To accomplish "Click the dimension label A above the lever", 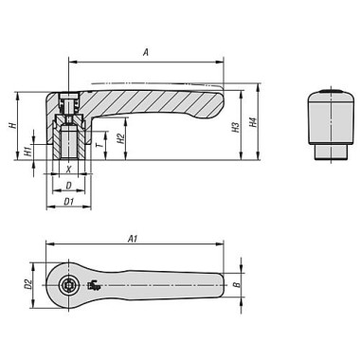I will pos(145,54).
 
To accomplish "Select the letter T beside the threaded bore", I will pos(100,145).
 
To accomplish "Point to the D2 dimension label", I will pos(28,284).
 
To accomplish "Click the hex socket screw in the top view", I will pos(68,285).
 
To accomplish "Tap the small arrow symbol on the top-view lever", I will pos(93,285).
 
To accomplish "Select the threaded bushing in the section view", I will pos(68,142).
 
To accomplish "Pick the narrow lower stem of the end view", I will pos(327,153).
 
